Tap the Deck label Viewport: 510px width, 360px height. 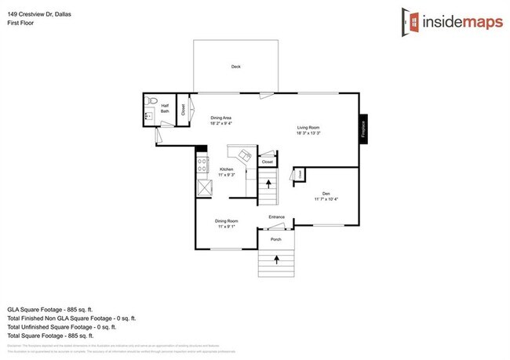(x=235, y=67)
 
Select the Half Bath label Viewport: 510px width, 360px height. (x=166, y=110)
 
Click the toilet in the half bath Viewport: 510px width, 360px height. (x=153, y=100)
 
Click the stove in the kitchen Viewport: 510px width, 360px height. (x=202, y=165)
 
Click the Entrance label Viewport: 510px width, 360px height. (x=276, y=216)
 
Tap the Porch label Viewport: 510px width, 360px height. (x=276, y=240)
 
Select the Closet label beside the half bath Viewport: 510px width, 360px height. (x=184, y=110)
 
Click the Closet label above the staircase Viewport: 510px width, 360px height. (x=268, y=162)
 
